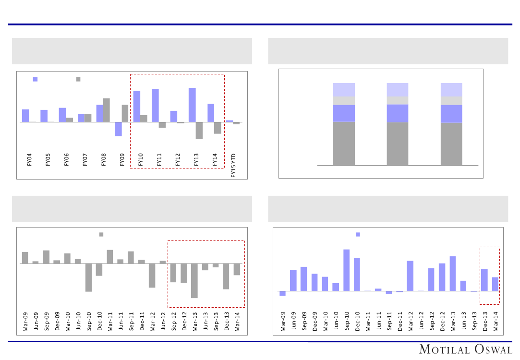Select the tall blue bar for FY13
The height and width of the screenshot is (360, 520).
192,105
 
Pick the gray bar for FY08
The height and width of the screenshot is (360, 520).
107,110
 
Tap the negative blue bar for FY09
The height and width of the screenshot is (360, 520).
118,129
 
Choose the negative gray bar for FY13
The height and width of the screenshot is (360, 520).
199,131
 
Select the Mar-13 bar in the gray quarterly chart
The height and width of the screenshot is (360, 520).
194,281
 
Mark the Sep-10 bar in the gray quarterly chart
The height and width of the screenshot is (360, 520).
89,277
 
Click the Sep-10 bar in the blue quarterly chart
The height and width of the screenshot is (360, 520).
346,270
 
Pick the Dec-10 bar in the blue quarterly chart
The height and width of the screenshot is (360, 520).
357,274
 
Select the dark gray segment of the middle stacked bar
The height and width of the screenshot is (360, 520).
398,144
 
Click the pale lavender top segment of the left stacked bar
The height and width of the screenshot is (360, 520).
344,90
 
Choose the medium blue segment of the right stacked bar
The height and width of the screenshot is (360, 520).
451,114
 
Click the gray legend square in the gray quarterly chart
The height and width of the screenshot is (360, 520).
101,234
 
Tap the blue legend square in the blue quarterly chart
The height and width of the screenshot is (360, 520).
358,234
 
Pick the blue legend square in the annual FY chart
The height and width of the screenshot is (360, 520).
35,79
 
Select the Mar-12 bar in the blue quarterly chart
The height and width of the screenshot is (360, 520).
410,276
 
